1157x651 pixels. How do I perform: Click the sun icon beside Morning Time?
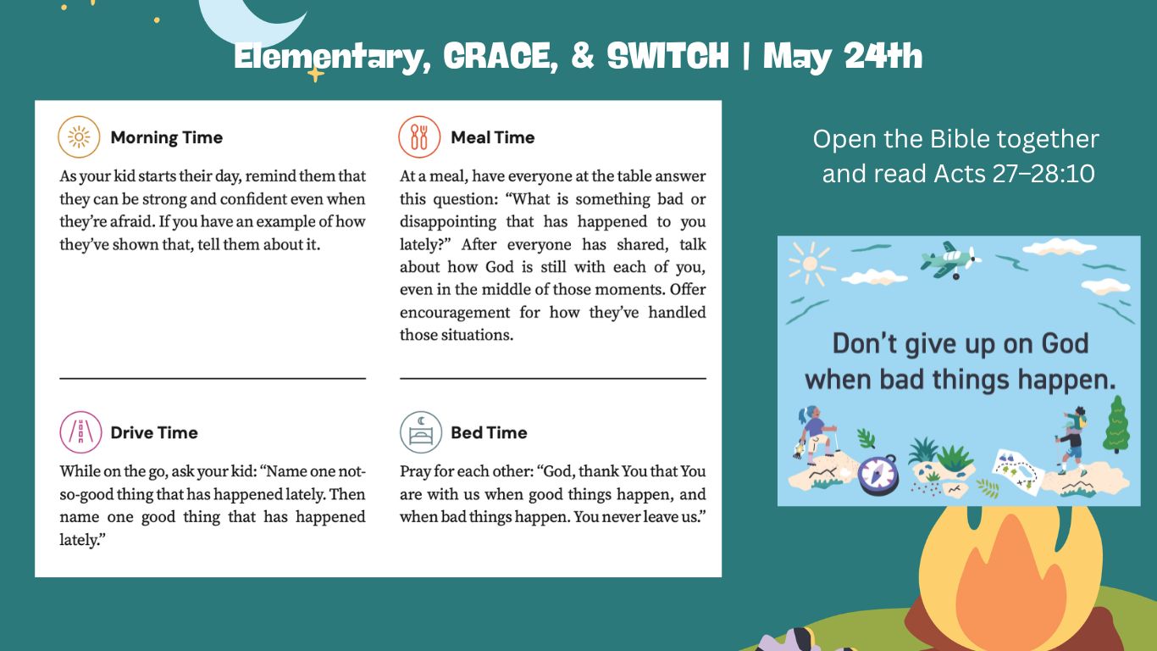tap(79, 137)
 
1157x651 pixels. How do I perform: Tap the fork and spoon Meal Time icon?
tap(419, 137)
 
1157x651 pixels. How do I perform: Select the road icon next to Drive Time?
tap(80, 432)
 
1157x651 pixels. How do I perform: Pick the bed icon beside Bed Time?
tap(421, 432)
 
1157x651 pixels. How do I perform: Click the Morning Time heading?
tap(166, 137)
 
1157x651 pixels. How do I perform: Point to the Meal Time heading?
tap(493, 137)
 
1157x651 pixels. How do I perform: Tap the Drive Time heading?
tap(154, 432)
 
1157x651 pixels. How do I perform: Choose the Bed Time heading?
tap(489, 432)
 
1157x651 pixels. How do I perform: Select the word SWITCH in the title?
tap(667, 55)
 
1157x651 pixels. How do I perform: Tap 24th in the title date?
tap(883, 55)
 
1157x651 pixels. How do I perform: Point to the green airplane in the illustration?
tap(949, 259)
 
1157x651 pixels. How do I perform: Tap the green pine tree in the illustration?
tap(1116, 424)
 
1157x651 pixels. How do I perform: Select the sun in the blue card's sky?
tap(811, 264)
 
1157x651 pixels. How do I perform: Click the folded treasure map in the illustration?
tap(1017, 471)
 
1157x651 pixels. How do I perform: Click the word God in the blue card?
tap(1065, 343)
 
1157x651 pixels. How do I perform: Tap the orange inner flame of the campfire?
tap(1010, 589)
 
